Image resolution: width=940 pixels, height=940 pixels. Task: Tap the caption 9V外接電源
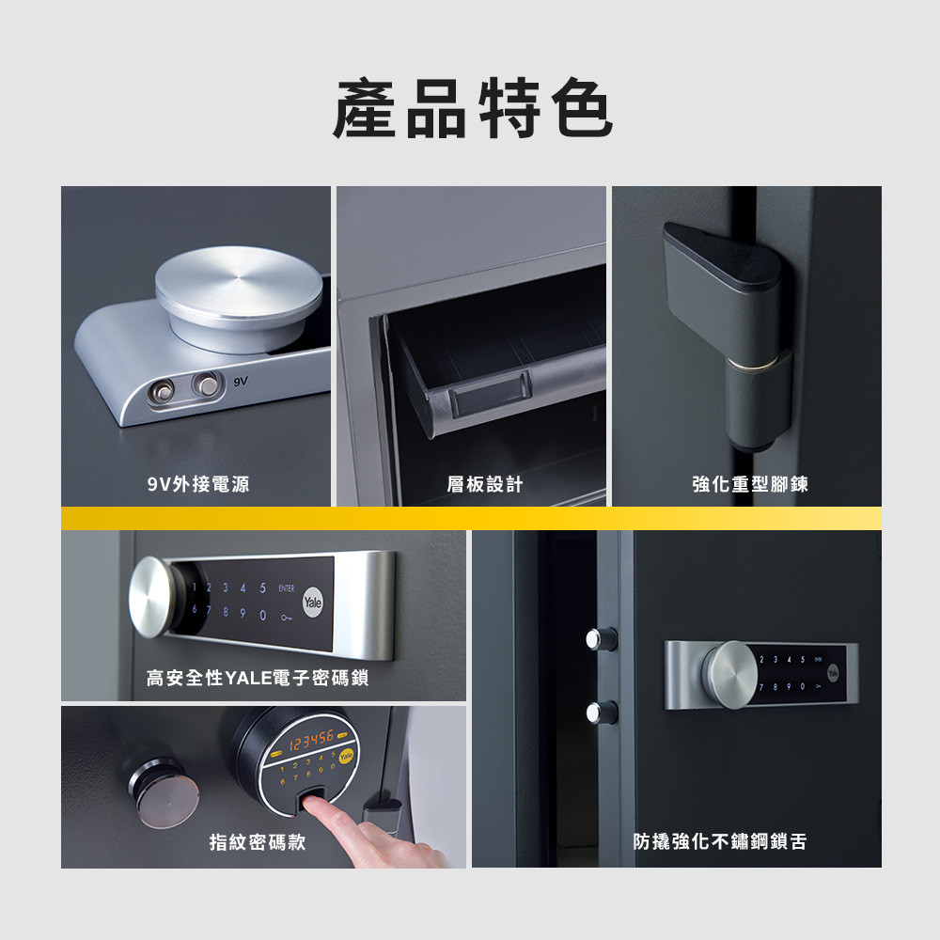pyautogui.click(x=197, y=485)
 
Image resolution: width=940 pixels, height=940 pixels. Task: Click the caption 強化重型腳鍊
pyautogui.click(x=749, y=485)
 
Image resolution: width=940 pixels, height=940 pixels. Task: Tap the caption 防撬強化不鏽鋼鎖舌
pyautogui.click(x=719, y=842)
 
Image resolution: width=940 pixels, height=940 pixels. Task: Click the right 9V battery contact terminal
pyautogui.click(x=204, y=384)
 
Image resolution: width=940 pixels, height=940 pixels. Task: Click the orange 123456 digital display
pyautogui.click(x=309, y=744)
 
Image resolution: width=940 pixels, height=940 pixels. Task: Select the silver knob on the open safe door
pyautogui.click(x=728, y=673)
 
